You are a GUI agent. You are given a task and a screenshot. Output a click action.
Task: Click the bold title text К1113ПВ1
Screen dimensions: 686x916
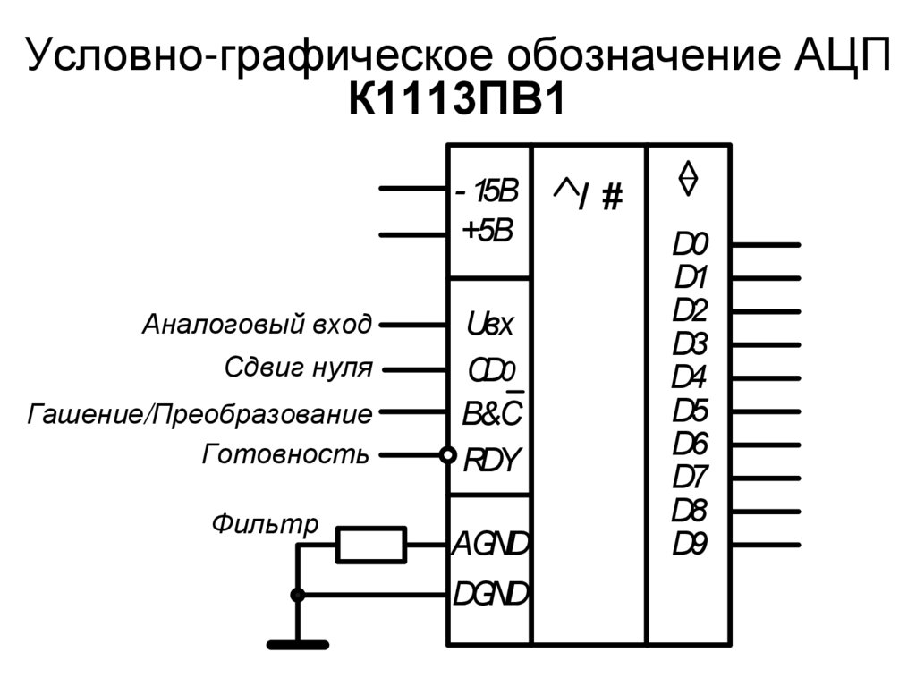point(457,100)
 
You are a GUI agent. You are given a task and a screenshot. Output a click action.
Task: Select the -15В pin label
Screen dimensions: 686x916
point(487,191)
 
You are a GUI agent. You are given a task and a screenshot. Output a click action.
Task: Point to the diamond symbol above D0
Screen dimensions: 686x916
point(687,178)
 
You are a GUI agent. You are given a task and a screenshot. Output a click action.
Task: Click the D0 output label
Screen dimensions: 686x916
point(691,243)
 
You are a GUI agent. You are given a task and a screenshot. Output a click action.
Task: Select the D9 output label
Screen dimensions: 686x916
point(691,544)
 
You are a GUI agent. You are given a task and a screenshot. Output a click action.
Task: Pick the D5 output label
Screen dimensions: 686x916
point(691,411)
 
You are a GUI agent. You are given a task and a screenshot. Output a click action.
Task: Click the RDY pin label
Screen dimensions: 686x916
point(490,460)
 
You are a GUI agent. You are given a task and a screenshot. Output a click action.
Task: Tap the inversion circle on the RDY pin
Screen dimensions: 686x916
point(447,455)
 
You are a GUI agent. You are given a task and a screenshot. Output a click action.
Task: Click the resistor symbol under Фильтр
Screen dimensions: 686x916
point(370,545)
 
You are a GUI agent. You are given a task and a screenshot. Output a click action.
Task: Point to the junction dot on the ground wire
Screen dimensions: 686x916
point(299,595)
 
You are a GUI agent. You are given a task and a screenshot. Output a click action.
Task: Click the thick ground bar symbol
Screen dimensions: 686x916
point(299,644)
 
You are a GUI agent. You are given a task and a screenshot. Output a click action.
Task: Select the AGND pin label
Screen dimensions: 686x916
point(490,543)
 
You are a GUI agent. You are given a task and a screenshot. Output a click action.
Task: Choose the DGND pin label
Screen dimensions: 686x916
point(490,593)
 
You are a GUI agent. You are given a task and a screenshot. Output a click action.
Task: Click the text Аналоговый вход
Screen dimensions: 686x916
point(256,324)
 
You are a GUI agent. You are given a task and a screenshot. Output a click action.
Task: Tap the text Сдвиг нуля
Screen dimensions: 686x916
point(298,367)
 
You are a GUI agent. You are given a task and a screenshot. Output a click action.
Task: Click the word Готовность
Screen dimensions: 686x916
point(285,454)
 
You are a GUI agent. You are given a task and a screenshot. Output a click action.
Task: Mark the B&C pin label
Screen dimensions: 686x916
point(491,414)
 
